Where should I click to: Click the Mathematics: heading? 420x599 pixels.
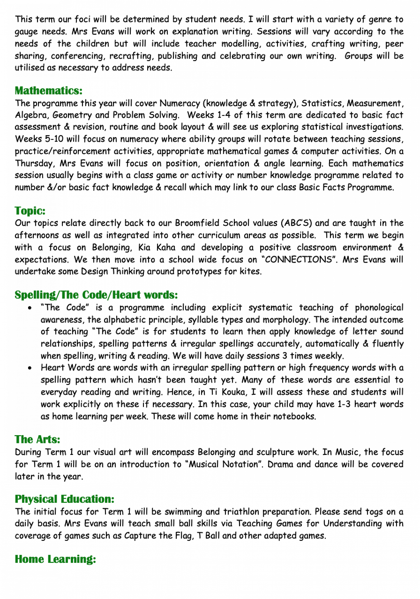(x=48, y=90)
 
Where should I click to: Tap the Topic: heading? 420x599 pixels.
(x=30, y=211)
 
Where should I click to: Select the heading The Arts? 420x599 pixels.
(x=37, y=439)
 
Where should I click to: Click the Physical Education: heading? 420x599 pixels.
(x=65, y=499)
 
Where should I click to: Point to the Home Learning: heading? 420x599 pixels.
(x=55, y=559)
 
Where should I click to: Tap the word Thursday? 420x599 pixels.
(x=34, y=163)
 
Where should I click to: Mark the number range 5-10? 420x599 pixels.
(x=52, y=139)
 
